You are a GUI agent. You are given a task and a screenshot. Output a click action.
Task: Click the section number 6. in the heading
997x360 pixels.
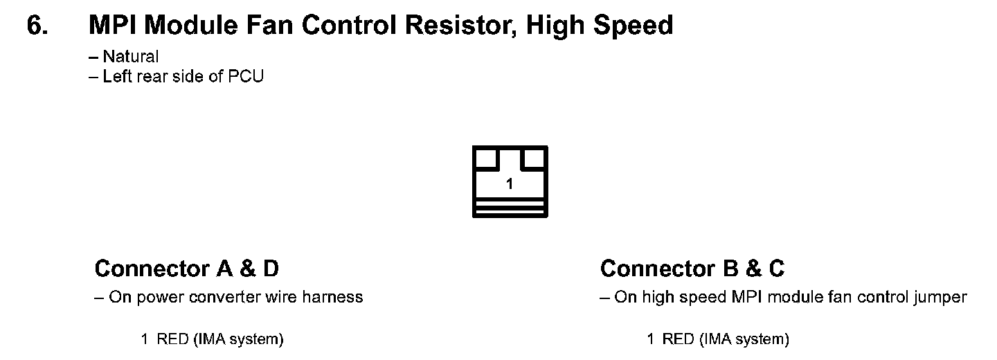point(38,26)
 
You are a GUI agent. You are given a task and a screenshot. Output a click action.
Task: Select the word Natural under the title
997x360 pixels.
point(131,57)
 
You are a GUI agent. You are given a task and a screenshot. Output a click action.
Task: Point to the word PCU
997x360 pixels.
point(246,76)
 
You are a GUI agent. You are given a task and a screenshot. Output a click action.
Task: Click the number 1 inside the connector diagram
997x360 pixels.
point(510,184)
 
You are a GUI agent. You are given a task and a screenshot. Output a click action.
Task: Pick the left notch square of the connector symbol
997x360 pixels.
point(486,159)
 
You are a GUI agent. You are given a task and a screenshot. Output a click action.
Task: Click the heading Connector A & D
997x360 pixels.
point(186,268)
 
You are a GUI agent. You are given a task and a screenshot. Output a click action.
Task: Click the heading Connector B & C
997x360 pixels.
point(692,268)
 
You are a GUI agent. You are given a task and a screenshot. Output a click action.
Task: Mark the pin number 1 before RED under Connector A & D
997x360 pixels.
point(144,339)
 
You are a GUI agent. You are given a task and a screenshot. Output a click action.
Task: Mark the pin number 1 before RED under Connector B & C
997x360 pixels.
point(650,339)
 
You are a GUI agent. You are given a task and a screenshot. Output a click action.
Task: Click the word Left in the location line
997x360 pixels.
point(117,76)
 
